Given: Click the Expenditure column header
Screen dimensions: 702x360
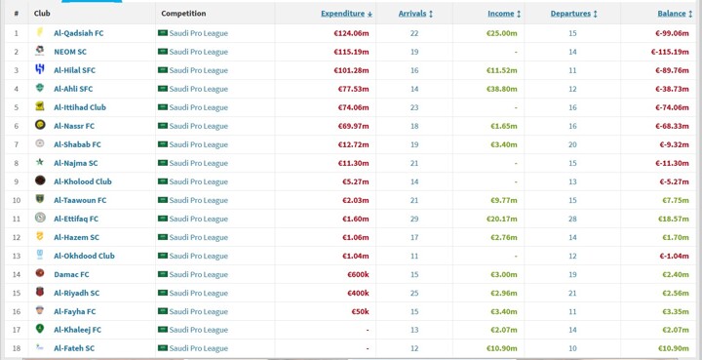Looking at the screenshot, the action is click(x=343, y=14).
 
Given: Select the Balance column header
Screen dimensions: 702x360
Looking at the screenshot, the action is click(x=672, y=14).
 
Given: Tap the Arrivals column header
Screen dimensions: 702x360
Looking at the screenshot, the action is click(x=412, y=14).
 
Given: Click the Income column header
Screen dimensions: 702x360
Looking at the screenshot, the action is click(x=501, y=14).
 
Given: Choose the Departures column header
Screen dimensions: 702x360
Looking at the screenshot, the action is click(x=570, y=14).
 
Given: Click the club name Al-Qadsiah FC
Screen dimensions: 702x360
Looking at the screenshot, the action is click(x=79, y=33).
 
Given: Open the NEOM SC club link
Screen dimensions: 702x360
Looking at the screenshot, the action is click(x=70, y=52).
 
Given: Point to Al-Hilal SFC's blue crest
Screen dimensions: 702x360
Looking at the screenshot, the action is click(x=40, y=69).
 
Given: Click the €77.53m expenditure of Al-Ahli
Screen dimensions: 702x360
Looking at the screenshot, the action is click(x=354, y=89).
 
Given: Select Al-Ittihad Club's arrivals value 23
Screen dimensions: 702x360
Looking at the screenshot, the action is click(x=414, y=107).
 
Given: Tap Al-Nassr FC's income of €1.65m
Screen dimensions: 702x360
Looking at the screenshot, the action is click(x=504, y=126).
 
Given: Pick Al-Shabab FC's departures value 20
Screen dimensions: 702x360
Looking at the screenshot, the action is click(x=572, y=144).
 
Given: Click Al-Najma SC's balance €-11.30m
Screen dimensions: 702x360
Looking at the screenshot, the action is click(x=672, y=164).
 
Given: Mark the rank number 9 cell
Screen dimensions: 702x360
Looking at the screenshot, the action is click(x=17, y=181).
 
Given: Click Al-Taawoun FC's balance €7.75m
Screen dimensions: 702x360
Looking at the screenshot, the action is click(x=676, y=200).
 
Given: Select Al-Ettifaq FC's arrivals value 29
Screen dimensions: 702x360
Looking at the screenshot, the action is click(x=414, y=219).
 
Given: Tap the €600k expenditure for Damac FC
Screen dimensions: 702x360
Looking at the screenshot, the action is click(x=358, y=274).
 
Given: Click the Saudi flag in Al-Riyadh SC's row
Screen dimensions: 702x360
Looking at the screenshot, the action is click(x=163, y=293).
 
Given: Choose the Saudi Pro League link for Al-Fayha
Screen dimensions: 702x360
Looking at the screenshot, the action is click(x=198, y=311).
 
